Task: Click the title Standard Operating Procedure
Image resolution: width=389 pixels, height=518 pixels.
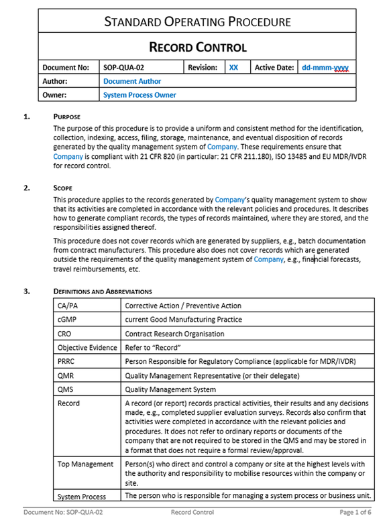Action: (197, 21)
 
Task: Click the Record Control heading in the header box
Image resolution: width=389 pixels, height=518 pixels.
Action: (197, 47)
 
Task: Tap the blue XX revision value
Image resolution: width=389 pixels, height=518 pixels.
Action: (233, 68)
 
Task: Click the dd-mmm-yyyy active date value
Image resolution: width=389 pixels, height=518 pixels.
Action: (325, 68)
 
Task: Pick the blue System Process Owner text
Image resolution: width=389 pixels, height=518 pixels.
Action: (140, 95)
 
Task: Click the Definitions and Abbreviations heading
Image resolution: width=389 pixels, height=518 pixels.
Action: (103, 292)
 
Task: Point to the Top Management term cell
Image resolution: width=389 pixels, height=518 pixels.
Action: (85, 464)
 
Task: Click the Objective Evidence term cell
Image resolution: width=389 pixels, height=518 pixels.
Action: (87, 348)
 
